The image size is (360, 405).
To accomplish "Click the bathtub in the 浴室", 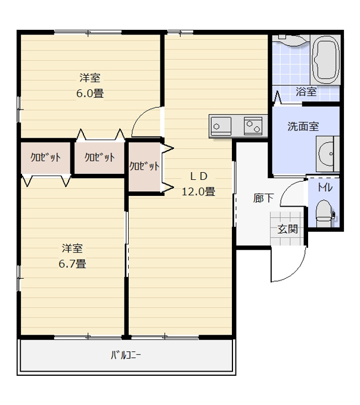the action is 325,60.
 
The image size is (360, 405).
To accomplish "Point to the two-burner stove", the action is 253,126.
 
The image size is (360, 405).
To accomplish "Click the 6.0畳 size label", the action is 90,94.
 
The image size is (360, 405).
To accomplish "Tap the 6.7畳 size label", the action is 72,264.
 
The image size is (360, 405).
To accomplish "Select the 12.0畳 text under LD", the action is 198,192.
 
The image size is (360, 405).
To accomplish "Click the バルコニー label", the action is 126,355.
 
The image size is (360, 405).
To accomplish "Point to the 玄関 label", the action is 287,229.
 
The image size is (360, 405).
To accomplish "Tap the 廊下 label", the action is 263,198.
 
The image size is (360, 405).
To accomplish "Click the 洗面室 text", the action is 303,126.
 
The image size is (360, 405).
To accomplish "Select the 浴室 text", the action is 306,92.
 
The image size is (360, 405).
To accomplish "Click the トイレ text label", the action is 325,188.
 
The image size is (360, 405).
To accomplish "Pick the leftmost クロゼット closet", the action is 46,158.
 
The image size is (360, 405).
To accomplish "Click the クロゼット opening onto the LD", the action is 145,167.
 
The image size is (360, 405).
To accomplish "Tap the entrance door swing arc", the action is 296,273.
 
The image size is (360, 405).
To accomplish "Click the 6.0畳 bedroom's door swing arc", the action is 140,115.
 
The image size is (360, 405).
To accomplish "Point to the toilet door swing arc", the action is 287,188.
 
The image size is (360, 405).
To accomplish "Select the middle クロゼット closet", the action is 100,158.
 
